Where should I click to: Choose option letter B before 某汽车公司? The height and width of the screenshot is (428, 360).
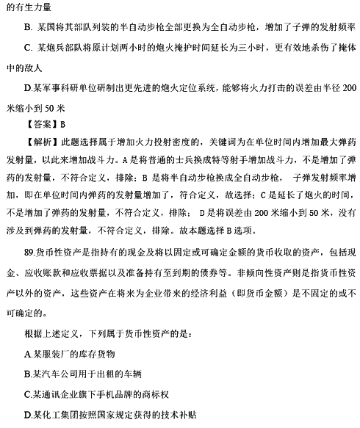pyautogui.click(x=28, y=372)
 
